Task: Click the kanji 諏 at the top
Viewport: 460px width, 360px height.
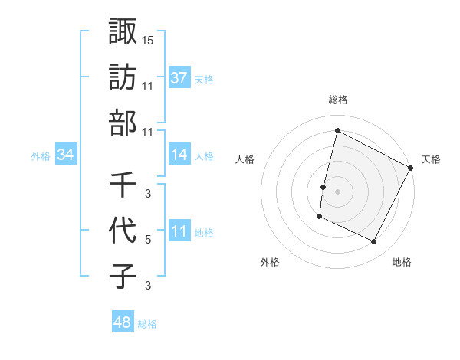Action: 123,31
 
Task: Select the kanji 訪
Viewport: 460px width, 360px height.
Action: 123,77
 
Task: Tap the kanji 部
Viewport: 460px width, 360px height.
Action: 123,123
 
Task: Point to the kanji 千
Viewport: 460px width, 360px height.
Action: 123,185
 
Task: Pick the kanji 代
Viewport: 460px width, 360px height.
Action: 123,231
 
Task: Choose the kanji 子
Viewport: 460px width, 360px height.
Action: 123,277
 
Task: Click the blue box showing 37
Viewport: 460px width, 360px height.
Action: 179,78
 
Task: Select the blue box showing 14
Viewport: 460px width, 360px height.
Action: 179,155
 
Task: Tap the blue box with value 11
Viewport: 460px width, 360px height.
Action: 179,232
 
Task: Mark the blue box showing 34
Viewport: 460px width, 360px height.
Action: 66,155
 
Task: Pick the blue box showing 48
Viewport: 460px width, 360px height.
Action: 122,322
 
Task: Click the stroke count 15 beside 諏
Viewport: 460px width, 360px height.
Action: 148,39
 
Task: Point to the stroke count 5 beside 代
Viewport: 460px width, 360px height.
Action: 147,239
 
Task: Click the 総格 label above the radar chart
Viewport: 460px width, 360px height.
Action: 337,100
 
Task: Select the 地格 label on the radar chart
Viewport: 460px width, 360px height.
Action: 402,262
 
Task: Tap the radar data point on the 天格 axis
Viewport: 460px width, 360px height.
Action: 412,169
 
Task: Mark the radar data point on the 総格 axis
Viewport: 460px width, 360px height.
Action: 337,131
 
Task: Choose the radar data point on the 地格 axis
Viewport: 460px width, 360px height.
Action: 374,242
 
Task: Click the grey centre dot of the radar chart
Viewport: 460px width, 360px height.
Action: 337,190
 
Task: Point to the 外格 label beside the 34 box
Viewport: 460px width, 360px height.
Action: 41,156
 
